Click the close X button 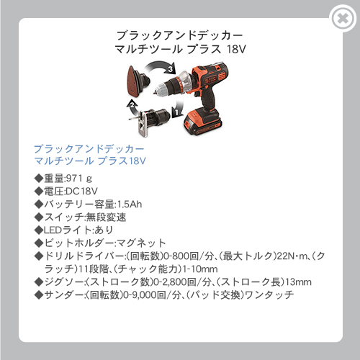point(343,18)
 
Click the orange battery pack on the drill point(202,122)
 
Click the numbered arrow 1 point(177,108)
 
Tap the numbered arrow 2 point(132,107)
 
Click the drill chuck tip point(156,91)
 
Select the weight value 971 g point(79,179)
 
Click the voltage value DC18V point(81,192)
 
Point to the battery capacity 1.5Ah point(130,204)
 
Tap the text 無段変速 point(106,217)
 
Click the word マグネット point(141,243)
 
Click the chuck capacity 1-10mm point(200,269)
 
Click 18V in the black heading point(236,49)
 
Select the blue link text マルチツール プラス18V point(90,161)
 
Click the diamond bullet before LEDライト point(39,230)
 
